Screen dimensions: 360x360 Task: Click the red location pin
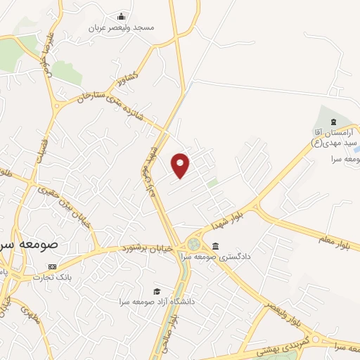181,165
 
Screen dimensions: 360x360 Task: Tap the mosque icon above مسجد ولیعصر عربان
122,17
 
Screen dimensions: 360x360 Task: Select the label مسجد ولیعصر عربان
122,28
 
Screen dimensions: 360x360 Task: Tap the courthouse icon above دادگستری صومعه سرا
214,246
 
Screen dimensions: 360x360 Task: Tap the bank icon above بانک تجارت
51,267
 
